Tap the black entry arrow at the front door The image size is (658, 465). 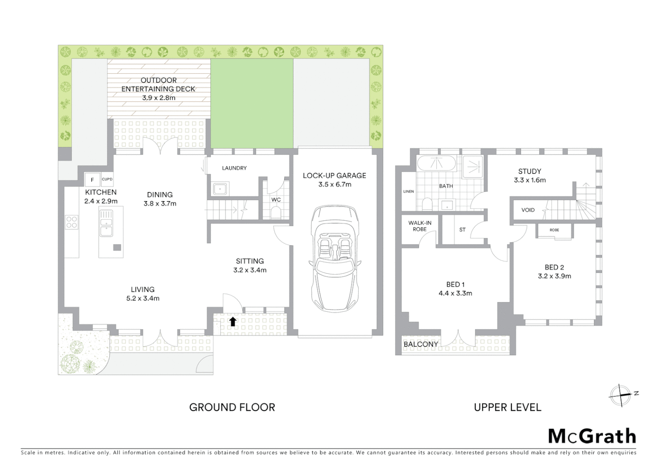(x=233, y=321)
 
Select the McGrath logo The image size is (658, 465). (x=592, y=436)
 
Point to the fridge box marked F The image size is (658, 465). (x=92, y=180)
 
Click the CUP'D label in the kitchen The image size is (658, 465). (x=107, y=179)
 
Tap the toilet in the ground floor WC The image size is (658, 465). (x=276, y=212)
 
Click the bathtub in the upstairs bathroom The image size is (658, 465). (x=437, y=163)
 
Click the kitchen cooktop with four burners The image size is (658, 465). (x=71, y=222)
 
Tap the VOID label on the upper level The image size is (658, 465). (x=528, y=210)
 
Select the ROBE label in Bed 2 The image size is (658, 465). (x=554, y=230)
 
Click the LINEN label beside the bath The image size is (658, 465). (x=409, y=191)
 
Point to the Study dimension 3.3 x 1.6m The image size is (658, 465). (x=530, y=180)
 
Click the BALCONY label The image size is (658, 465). (x=421, y=344)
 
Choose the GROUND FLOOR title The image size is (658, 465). (x=232, y=407)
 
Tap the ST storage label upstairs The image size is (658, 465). (x=462, y=229)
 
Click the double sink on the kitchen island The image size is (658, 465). (x=106, y=223)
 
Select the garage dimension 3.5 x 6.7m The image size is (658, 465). (x=335, y=184)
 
